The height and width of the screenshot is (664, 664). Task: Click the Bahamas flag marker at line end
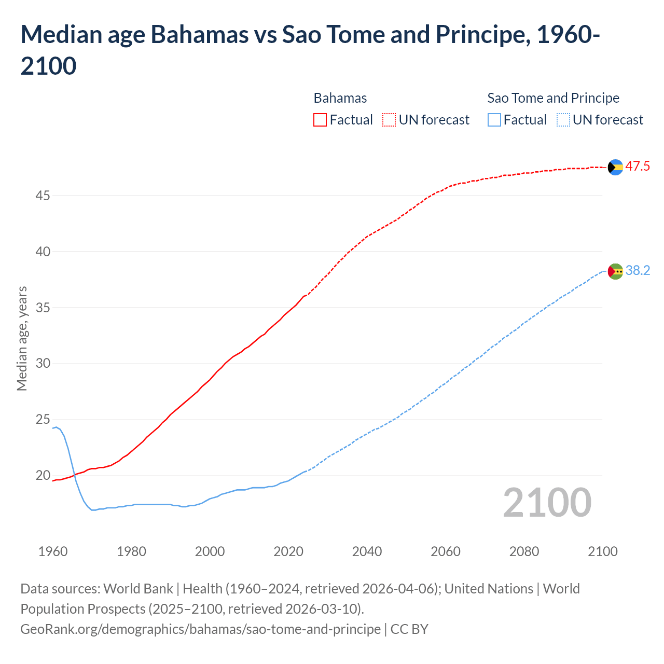(615, 167)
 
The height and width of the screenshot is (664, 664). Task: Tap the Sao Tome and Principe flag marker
(615, 271)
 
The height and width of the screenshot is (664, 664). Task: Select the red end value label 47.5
(638, 167)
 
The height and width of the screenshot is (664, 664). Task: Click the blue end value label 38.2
(638, 271)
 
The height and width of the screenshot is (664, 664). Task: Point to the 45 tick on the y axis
(43, 196)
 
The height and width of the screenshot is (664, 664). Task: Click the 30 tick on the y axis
(43, 363)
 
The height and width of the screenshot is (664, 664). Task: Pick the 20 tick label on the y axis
(43, 475)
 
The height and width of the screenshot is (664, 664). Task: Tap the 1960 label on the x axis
(53, 551)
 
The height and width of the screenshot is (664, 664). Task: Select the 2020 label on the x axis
(288, 551)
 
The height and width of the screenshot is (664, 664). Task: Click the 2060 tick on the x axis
(446, 551)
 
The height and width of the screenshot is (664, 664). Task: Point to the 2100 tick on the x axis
(603, 551)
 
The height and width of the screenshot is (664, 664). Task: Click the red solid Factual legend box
(320, 120)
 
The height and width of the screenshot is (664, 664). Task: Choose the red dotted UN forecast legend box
(389, 120)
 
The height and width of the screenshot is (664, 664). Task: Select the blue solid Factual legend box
(494, 120)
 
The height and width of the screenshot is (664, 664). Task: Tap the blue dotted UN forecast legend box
(563, 120)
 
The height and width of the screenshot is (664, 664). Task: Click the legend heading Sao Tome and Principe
(553, 98)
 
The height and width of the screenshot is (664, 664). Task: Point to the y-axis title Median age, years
(22, 338)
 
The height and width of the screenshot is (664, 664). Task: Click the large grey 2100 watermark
(547, 503)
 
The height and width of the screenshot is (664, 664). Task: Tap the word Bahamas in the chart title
(199, 35)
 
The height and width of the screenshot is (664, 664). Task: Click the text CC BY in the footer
(409, 629)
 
